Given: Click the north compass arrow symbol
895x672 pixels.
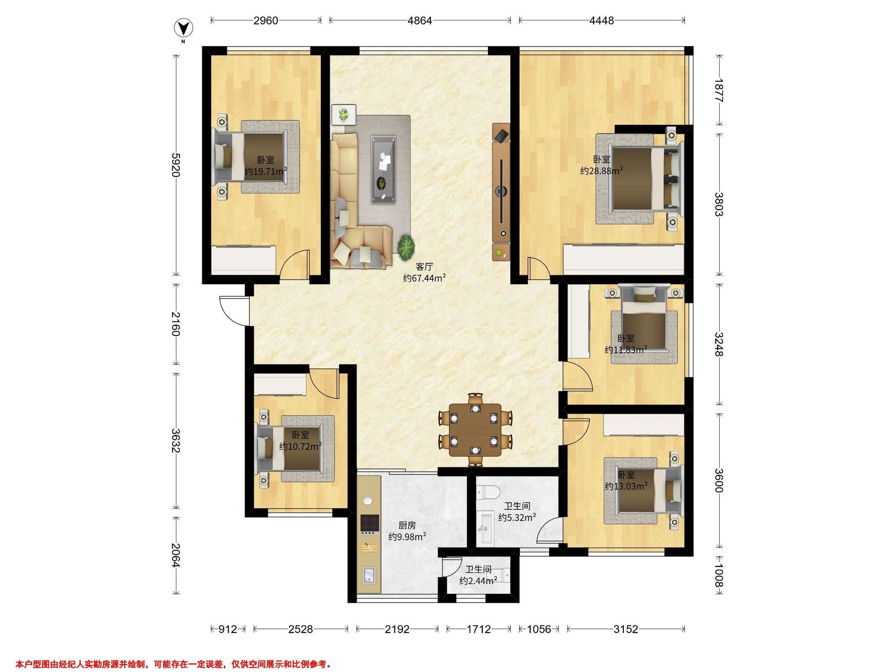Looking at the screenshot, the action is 183,28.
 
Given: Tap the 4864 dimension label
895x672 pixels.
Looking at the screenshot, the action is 420,20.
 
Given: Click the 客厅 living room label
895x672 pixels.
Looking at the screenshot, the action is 424,267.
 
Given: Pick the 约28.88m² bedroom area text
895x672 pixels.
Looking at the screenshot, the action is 602,171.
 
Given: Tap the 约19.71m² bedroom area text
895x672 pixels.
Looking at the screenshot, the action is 266,171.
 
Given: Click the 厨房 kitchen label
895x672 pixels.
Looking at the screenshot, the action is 407,525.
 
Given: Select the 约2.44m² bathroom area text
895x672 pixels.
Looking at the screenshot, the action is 478,581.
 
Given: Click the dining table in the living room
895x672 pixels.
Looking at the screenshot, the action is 475,430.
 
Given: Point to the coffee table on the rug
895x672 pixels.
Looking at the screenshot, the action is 384,169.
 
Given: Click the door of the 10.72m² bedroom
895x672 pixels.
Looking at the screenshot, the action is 324,385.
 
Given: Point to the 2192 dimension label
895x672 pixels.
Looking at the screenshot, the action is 397,629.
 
